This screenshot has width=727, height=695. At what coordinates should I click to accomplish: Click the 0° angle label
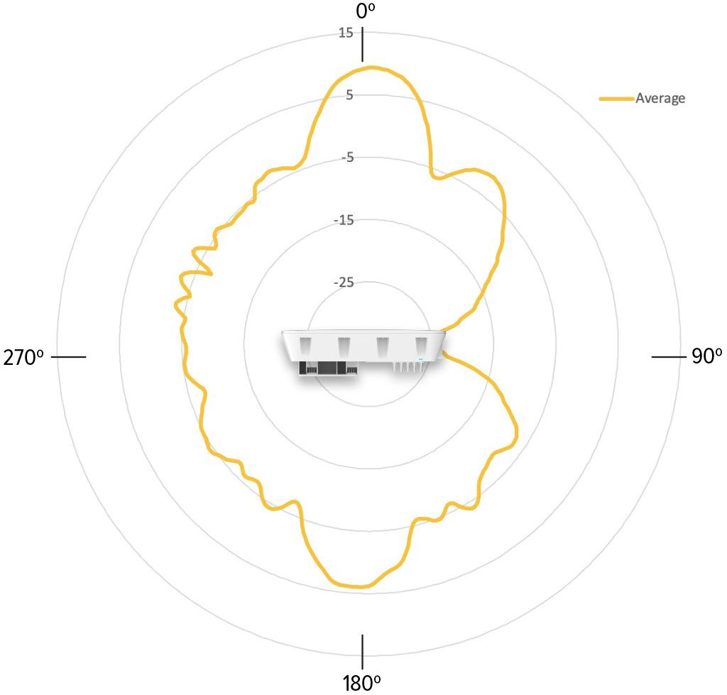pyautogui.click(x=366, y=11)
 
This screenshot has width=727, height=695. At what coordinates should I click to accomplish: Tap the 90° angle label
pyautogui.click(x=706, y=356)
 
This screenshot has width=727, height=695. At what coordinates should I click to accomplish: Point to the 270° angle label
pyautogui.click(x=23, y=358)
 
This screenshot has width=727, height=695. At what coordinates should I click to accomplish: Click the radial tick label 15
pyautogui.click(x=346, y=33)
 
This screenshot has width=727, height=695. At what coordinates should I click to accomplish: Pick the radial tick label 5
pyautogui.click(x=349, y=95)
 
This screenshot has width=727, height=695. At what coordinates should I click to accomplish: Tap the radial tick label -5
pyautogui.click(x=347, y=158)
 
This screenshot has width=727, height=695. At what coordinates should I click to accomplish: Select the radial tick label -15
pyautogui.click(x=344, y=220)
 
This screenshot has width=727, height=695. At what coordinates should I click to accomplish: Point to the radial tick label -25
pyautogui.click(x=344, y=283)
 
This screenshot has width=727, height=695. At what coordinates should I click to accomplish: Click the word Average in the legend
pyautogui.click(x=660, y=98)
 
